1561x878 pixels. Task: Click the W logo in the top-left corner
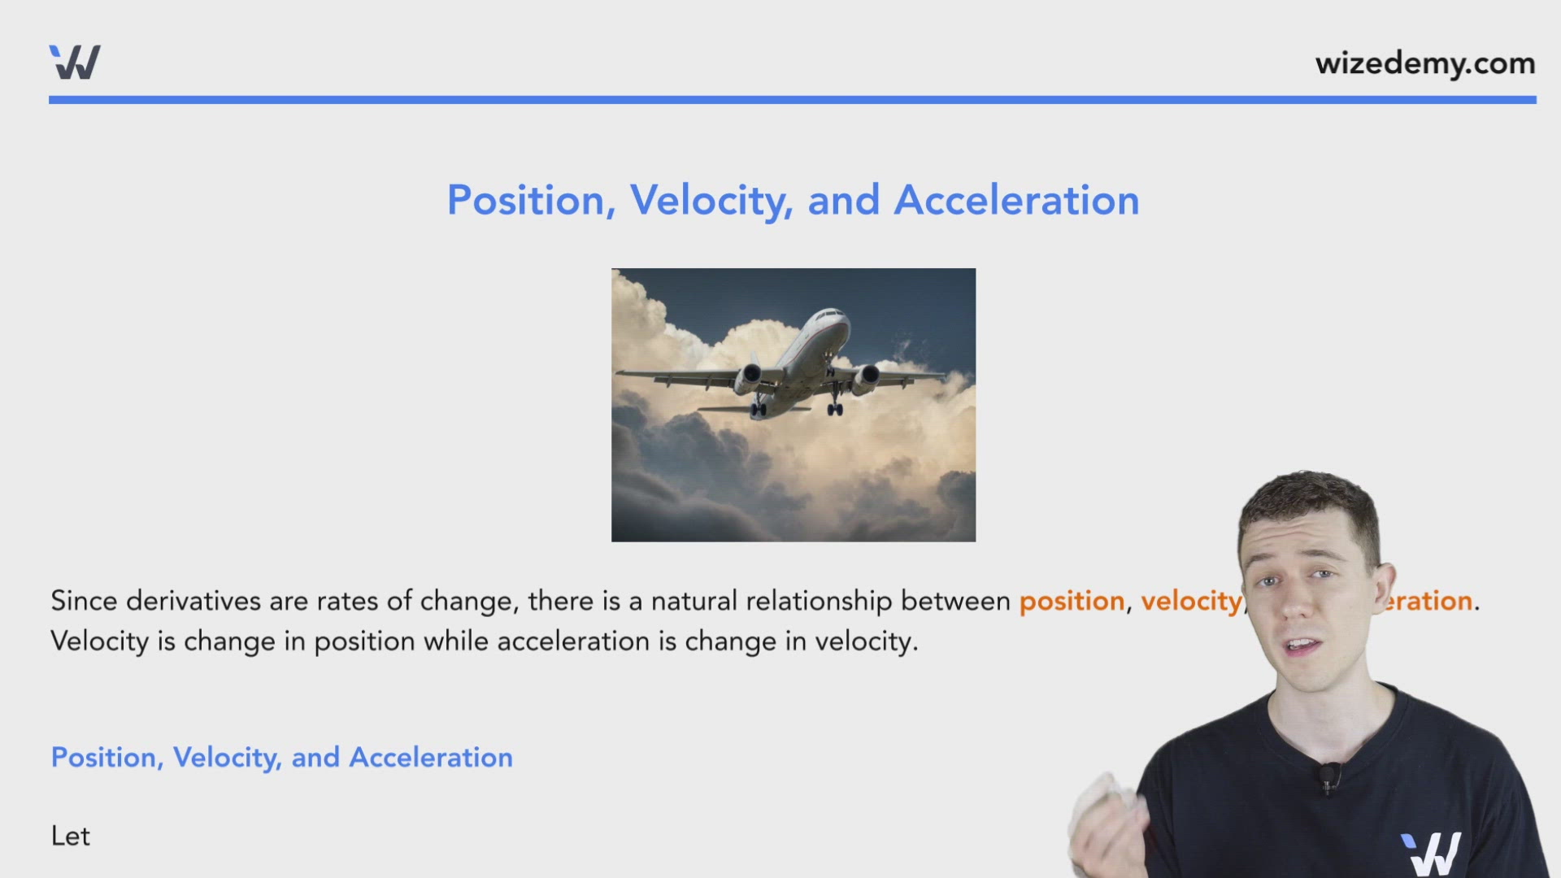75,63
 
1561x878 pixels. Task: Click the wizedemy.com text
1424,63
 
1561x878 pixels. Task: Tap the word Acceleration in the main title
1016,200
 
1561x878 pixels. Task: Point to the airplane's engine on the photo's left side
749,376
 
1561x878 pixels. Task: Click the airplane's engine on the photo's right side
867,376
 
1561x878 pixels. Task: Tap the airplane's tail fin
755,363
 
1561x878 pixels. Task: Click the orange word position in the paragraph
1072,601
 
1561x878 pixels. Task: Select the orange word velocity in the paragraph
1191,601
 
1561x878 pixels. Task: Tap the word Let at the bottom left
71,836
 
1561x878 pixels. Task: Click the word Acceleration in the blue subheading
431,757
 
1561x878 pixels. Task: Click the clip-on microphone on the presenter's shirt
1328,776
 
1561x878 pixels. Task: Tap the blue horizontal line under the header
792,100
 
